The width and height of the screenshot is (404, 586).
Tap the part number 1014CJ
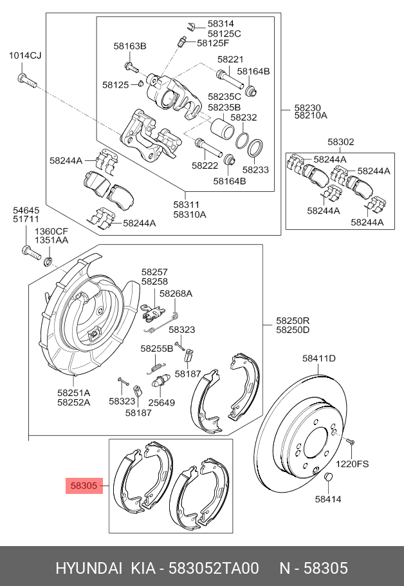coord(24,56)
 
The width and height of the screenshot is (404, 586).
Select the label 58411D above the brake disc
coord(319,359)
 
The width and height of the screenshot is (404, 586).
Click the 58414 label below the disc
coord(328,498)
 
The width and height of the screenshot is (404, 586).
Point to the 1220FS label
coord(353,463)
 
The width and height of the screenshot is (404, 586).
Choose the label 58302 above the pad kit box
coord(340,142)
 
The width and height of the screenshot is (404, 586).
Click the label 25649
coord(161,402)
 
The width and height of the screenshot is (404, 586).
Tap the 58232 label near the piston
coord(244,118)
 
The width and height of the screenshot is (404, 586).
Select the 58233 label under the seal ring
coord(255,170)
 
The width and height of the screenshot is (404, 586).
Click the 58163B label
coord(130,46)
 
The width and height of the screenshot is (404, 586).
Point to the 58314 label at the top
coord(221,23)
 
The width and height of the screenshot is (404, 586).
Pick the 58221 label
coord(230,59)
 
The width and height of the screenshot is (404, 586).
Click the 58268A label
coord(176,294)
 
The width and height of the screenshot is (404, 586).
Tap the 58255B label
coord(157,348)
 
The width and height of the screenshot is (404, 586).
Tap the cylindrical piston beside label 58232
coord(222,129)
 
